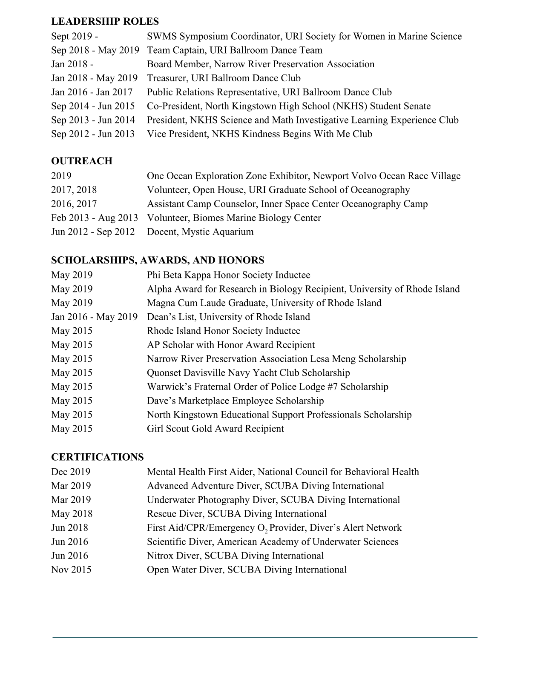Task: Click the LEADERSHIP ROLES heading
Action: pyautogui.click(x=105, y=21)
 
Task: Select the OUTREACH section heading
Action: pyautogui.click(x=82, y=161)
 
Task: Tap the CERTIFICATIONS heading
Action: pyautogui.click(x=98, y=457)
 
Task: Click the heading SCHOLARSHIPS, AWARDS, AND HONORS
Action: pyautogui.click(x=158, y=260)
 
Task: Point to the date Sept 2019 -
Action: pyautogui.click(x=75, y=36)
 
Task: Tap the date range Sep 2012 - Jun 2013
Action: pyautogui.click(x=93, y=134)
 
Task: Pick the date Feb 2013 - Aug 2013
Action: pyautogui.click(x=95, y=218)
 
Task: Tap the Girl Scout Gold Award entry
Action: pyautogui.click(x=215, y=429)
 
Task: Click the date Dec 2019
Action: pyautogui.click(x=71, y=472)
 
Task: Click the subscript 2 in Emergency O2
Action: pyautogui.click(x=266, y=532)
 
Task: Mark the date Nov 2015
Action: pyautogui.click(x=71, y=570)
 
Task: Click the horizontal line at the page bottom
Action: pyautogui.click(x=265, y=638)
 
